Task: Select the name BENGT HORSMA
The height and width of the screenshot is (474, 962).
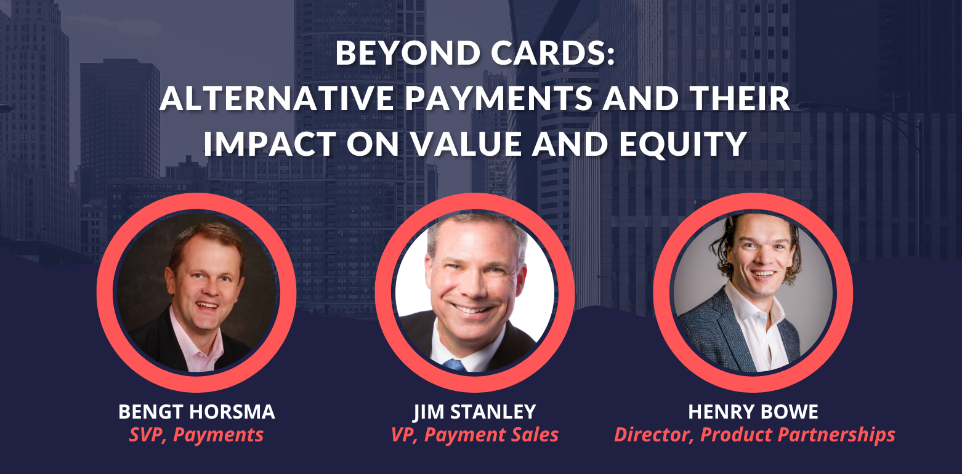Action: (x=196, y=412)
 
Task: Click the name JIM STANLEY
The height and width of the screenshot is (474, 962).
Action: (x=475, y=412)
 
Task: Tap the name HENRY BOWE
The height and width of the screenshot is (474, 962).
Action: (x=753, y=412)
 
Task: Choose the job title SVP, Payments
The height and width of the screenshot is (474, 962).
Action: (x=196, y=435)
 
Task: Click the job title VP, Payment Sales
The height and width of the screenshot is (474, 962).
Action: (x=475, y=435)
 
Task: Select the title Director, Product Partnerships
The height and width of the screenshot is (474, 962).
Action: (x=754, y=435)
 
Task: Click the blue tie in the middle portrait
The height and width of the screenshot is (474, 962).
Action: (x=454, y=365)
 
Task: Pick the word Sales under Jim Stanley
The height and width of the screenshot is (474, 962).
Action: (x=533, y=435)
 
